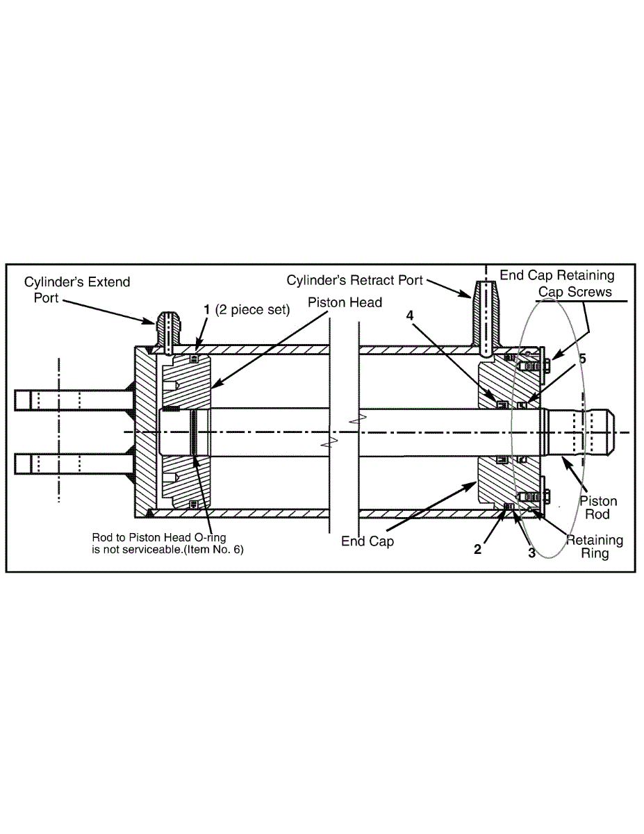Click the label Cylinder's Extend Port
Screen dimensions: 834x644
pos(76,289)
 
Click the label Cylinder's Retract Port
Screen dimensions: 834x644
pos(355,279)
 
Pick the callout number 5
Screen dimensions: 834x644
pos(582,359)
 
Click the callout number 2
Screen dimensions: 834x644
pos(477,549)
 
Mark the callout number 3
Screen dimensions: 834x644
pos(531,553)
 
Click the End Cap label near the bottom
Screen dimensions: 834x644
pos(368,541)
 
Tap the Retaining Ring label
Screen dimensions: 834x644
pos(594,546)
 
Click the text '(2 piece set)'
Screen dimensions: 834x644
pos(251,310)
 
